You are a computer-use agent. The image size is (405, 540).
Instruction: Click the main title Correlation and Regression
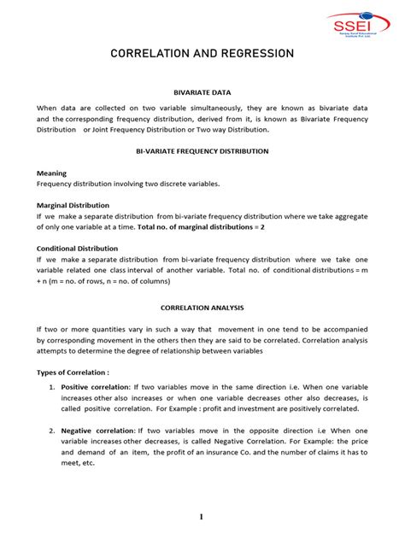tap(202, 54)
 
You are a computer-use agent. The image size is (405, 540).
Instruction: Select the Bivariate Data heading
tap(202, 91)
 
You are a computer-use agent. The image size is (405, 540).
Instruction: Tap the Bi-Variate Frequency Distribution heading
tap(202, 150)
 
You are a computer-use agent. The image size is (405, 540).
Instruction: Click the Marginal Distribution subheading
tap(73, 205)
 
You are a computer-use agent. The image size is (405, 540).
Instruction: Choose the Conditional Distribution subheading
tap(76, 249)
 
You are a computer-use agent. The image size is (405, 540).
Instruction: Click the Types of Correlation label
tap(73, 373)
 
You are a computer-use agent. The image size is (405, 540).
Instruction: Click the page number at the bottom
tap(202, 517)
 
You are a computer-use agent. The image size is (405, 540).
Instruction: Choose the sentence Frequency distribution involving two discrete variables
tap(128, 183)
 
